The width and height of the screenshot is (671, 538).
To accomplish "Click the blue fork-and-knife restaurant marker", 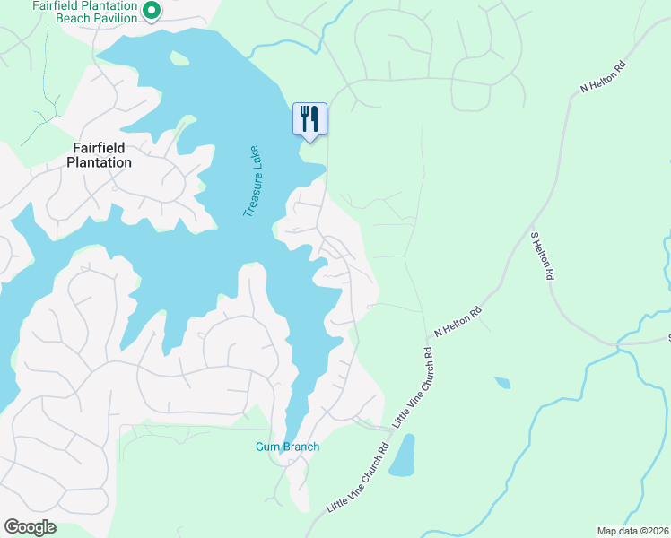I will (x=309, y=118).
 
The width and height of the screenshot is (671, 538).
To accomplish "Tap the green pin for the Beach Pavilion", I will (x=152, y=11).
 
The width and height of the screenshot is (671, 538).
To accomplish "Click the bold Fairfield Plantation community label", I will (x=100, y=155).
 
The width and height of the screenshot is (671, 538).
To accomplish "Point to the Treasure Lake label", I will (x=250, y=180).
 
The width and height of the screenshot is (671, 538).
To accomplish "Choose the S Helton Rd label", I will (x=539, y=256).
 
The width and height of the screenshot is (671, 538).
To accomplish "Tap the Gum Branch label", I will (x=287, y=447).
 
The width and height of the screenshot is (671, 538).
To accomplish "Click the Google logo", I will (x=30, y=527).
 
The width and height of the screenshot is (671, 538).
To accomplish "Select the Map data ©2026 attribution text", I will (x=632, y=531).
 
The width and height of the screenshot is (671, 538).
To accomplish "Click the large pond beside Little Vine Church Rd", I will (x=403, y=456).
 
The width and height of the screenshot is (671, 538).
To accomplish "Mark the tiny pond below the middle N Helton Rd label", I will (x=502, y=383).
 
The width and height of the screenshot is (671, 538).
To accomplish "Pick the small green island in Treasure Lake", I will (x=179, y=59).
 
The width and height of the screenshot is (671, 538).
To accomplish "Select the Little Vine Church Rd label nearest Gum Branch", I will (x=357, y=477).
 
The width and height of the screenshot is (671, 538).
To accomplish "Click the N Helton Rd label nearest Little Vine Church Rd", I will (x=458, y=321).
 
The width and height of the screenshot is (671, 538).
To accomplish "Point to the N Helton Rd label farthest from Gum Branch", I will (x=602, y=76).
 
